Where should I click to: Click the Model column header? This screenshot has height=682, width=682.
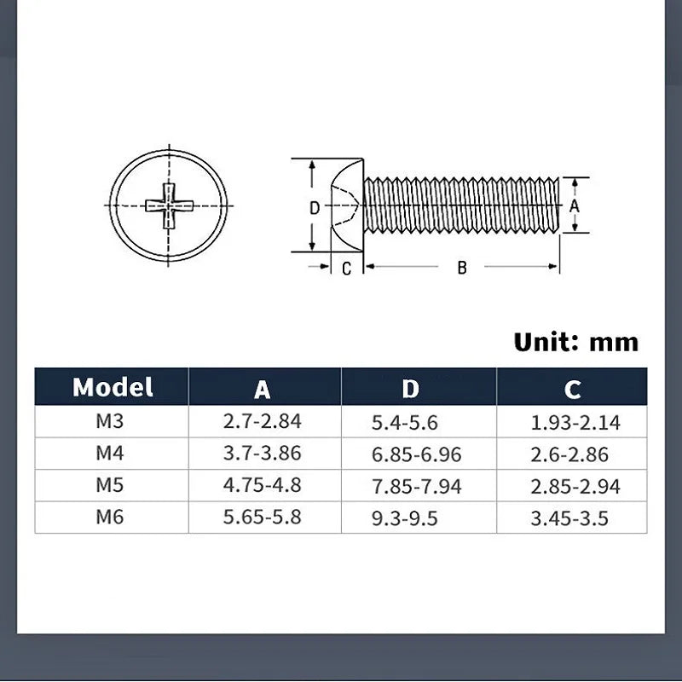[x=113, y=387]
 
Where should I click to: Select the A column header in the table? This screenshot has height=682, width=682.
[x=263, y=390]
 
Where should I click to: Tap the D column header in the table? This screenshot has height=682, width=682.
[x=410, y=389]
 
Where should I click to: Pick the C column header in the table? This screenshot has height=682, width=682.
[x=572, y=390]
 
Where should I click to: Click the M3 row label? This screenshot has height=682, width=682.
[x=110, y=421]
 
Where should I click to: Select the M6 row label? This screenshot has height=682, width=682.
[x=110, y=517]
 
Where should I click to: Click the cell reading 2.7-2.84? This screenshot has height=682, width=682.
[x=263, y=421]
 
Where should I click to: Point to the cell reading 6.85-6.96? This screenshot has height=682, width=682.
[x=416, y=454]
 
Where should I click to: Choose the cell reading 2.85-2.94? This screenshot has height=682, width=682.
[x=575, y=486]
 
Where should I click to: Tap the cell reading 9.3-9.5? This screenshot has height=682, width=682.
[x=404, y=518]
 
